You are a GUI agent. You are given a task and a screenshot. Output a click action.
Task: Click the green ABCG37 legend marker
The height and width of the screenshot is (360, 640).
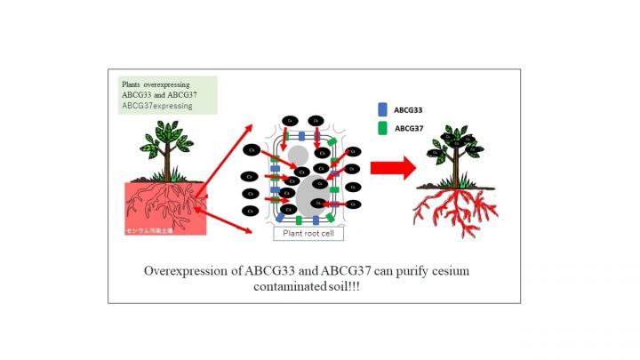click(x=382, y=129)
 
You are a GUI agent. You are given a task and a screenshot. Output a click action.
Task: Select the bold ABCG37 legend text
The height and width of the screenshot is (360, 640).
click(x=410, y=129)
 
